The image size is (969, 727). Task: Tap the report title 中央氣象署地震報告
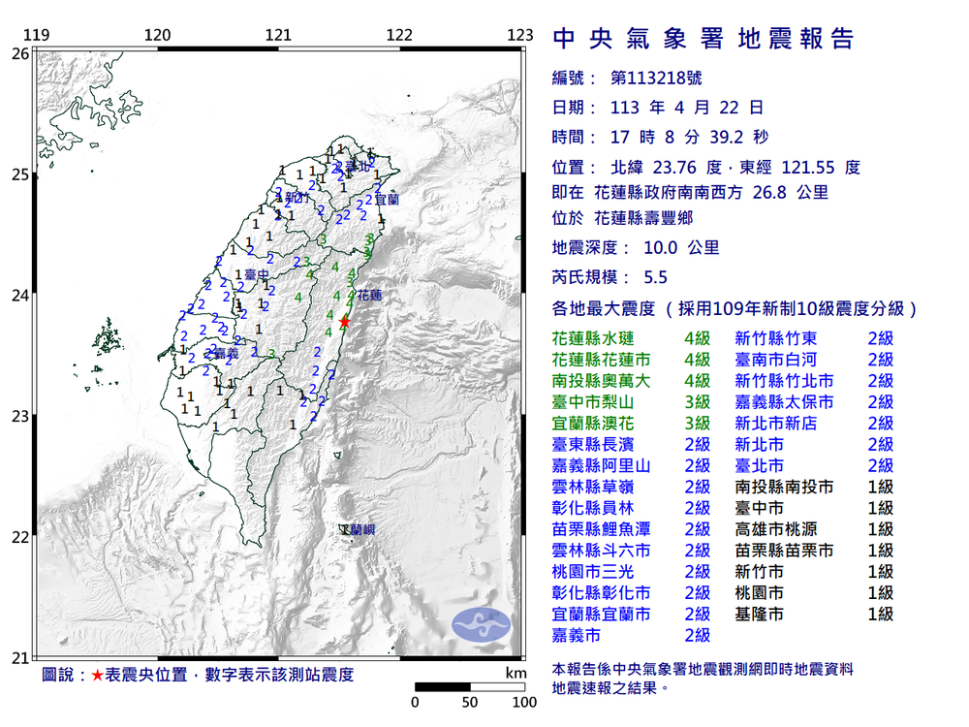pos(703,39)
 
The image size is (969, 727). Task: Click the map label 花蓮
pos(369,294)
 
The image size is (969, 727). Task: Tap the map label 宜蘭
pos(386,200)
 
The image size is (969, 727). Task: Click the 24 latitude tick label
pos(19,295)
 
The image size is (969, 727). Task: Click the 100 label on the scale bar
pos(524,702)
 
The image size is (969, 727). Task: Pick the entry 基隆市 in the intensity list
pos(759,615)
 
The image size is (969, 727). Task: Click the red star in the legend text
pos(97,675)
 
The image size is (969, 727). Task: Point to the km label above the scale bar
pos(515,673)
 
